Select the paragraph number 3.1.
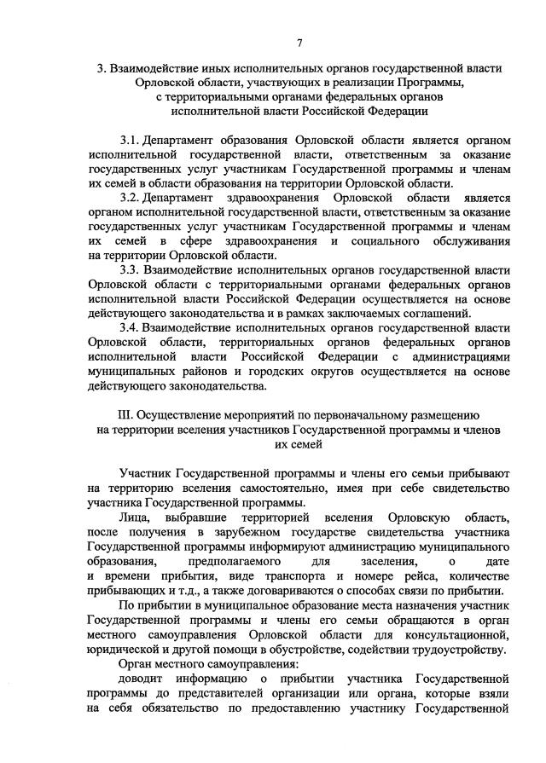(130, 138)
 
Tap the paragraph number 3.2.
(130, 197)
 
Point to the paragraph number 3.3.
(131, 270)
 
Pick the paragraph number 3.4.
(131, 328)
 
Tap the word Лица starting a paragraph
(136, 518)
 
